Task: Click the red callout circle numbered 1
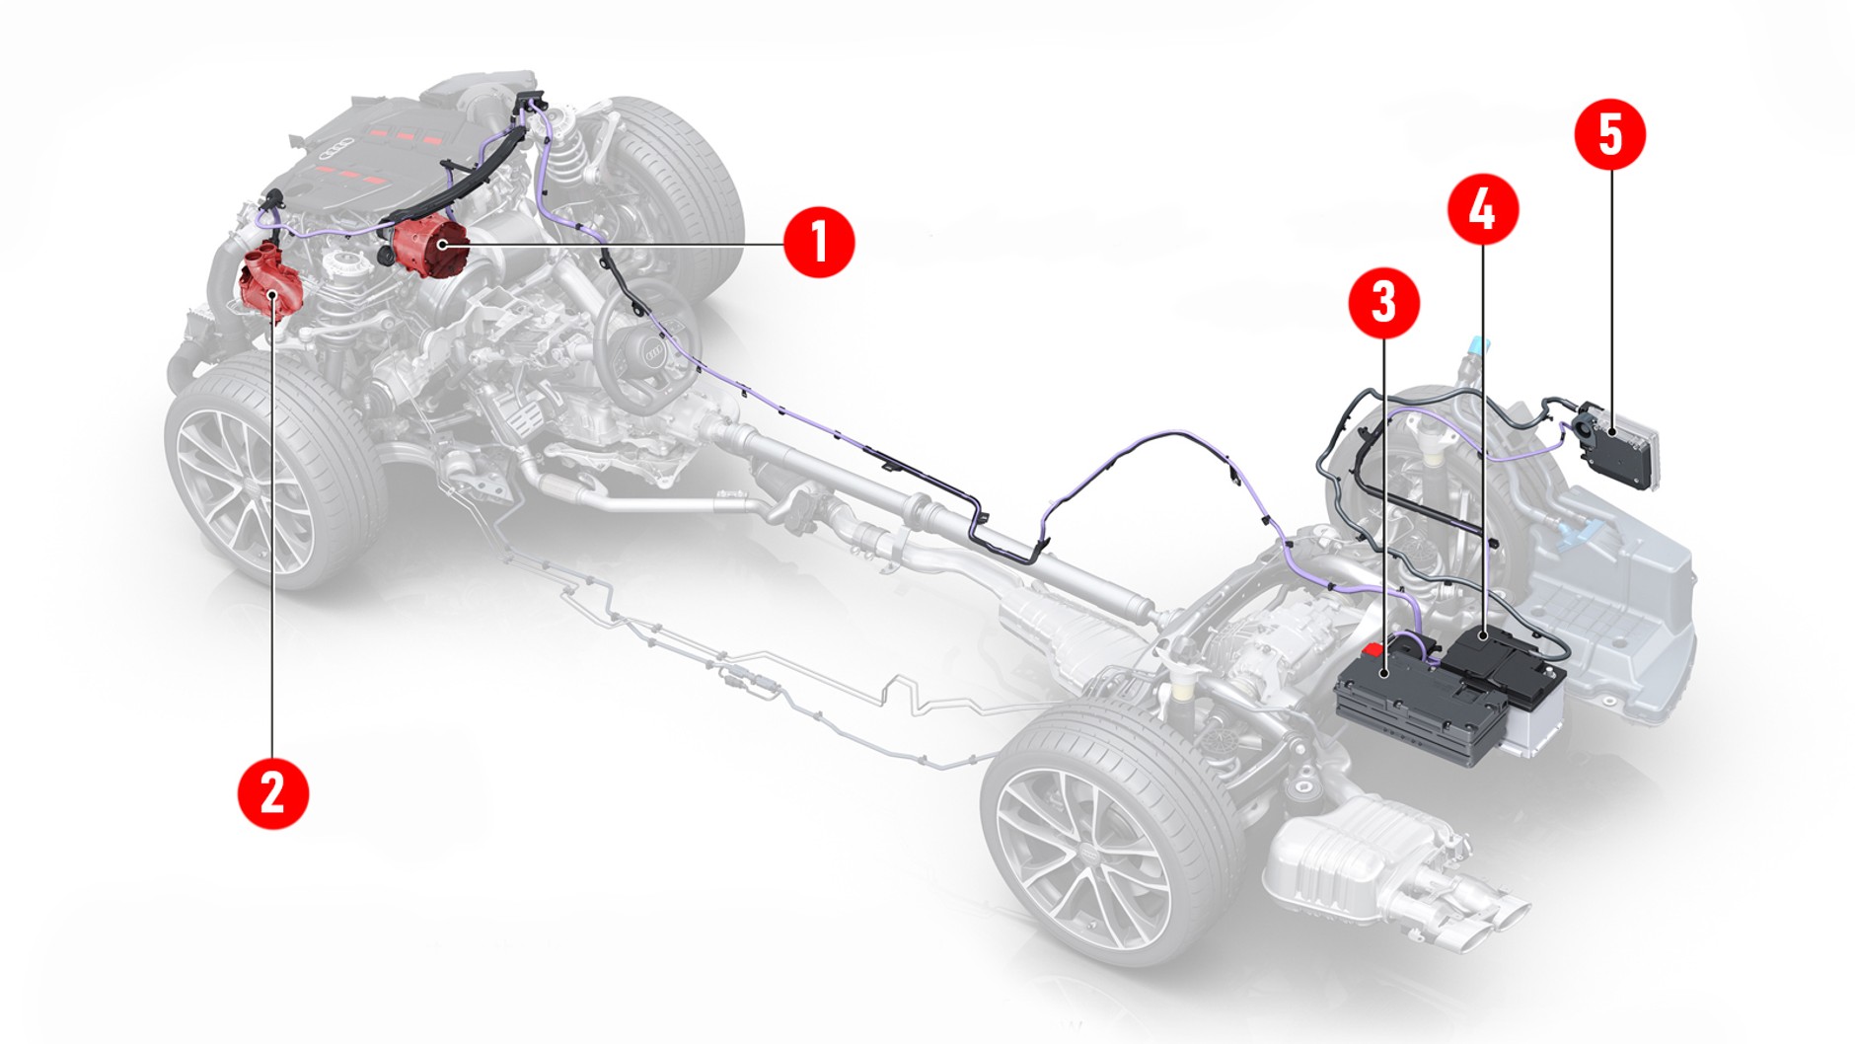pyautogui.click(x=819, y=242)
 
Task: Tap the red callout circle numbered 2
pyautogui.click(x=273, y=792)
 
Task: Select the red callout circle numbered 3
pyautogui.click(x=1383, y=302)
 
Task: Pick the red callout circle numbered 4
pyautogui.click(x=1482, y=209)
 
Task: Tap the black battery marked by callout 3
pyautogui.click(x=1411, y=701)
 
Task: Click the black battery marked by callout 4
pyautogui.click(x=1500, y=656)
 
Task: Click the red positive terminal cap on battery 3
pyautogui.click(x=1373, y=650)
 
